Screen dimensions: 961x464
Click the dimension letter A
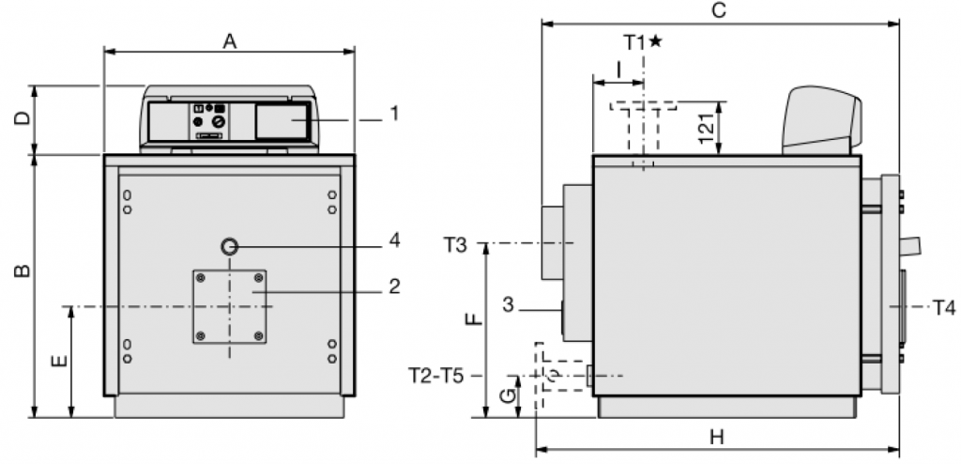point(229,41)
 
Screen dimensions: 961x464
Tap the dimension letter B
point(23,271)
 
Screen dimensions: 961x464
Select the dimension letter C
point(720,10)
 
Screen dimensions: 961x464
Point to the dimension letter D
point(23,117)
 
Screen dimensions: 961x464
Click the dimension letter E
point(59,359)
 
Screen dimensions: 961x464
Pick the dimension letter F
point(474,319)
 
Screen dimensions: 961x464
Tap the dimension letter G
point(507,396)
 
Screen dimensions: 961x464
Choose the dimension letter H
point(716,438)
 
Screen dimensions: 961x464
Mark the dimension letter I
point(618,70)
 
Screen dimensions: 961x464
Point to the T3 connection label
point(455,245)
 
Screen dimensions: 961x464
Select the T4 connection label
point(944,307)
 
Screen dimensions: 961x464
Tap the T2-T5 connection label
point(436,376)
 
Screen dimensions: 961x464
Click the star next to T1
point(655,41)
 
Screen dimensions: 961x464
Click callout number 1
point(395,114)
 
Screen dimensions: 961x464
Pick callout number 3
point(508,304)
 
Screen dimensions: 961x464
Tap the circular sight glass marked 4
point(230,247)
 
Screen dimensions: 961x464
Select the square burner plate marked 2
point(230,306)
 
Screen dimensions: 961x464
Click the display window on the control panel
point(281,121)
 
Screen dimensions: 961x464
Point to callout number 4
point(394,240)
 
